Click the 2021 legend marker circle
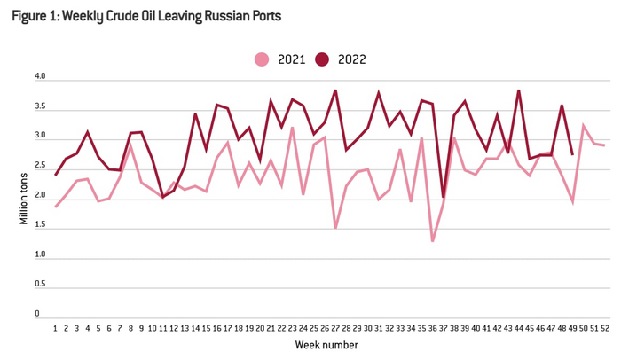[x=261, y=59]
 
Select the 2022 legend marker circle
[x=323, y=59]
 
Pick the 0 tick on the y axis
[x=38, y=313]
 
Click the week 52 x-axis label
[x=605, y=327]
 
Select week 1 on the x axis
[x=55, y=327]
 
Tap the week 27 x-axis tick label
[x=335, y=327]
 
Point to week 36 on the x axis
[x=432, y=327]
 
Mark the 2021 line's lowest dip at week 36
[x=432, y=241]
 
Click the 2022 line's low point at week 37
[x=443, y=196]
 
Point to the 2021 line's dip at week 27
[x=335, y=228]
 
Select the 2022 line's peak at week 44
[x=518, y=90]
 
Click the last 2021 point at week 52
[x=605, y=145]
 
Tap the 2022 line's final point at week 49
[x=572, y=154]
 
